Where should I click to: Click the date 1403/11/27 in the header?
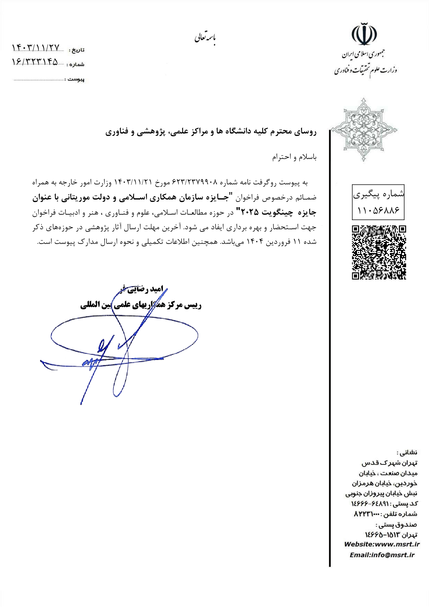[36, 47]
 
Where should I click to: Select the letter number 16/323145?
[35, 62]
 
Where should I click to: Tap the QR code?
[379, 252]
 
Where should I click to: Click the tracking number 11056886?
[378, 210]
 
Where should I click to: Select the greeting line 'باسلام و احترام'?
[294, 157]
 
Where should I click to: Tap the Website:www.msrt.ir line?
[382, 544]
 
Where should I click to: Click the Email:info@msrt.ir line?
[382, 555]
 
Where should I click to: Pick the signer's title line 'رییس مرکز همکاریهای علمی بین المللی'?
[141, 305]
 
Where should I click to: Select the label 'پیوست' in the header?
[76, 79]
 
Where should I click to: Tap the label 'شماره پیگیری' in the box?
[378, 194]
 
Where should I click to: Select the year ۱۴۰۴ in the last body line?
[255, 242]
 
